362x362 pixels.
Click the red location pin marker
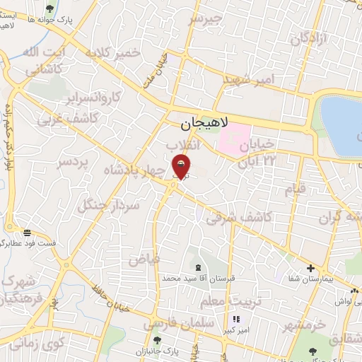[x=182, y=167]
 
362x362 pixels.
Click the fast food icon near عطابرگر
[x=26, y=232]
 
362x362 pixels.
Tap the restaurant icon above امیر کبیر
[x=236, y=319]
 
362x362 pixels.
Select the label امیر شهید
[x=248, y=81]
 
